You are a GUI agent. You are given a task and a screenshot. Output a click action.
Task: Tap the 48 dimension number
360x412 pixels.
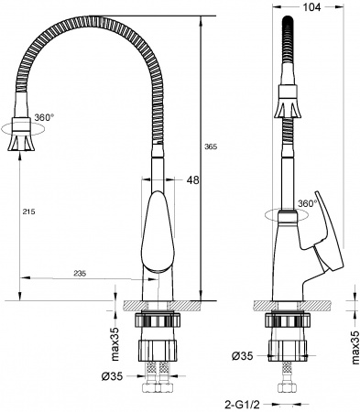tap(193, 180)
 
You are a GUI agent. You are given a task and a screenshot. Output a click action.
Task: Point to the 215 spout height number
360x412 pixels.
tap(27, 212)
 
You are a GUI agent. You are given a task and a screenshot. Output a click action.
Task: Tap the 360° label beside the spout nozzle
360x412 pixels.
tap(45, 118)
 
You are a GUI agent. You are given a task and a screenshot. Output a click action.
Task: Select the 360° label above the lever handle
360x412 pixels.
tap(308, 203)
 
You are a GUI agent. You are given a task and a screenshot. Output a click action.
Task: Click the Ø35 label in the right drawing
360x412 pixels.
tap(241, 354)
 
